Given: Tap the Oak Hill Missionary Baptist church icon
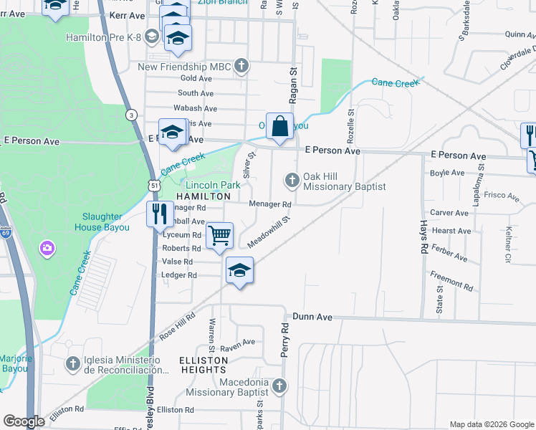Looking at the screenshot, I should (292, 180).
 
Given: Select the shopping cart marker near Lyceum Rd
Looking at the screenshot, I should (220, 236).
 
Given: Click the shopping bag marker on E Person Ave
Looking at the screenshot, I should (280, 126).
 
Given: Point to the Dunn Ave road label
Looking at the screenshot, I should (313, 316).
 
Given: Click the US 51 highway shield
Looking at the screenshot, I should (154, 186).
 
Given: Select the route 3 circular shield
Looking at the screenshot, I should (131, 115).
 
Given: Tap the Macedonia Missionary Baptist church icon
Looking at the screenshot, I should (279, 387).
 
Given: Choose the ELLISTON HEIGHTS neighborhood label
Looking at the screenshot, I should (204, 365).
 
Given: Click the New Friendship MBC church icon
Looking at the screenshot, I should (242, 67).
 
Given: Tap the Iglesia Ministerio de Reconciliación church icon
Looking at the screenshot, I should (72, 364).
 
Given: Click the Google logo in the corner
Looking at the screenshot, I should (24, 421).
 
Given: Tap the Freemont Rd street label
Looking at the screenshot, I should (451, 280).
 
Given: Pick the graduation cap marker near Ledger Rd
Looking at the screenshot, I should (240, 271).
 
